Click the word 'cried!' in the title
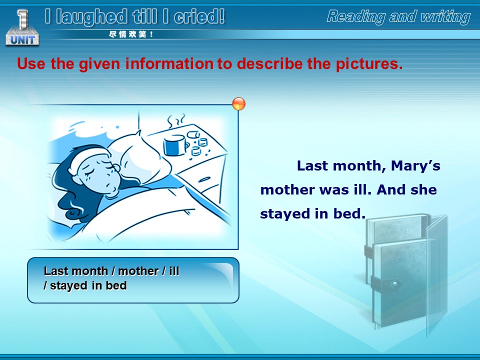(199, 16)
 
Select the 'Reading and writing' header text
(398, 16)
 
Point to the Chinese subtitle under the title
(131, 34)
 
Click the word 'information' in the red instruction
(169, 63)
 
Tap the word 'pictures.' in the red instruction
(369, 64)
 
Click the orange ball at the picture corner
(239, 104)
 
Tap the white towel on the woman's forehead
(89, 159)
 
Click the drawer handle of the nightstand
(204, 179)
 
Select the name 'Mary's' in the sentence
(415, 166)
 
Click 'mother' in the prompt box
(138, 271)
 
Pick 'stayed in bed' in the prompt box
(88, 285)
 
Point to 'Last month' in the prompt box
(76, 271)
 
